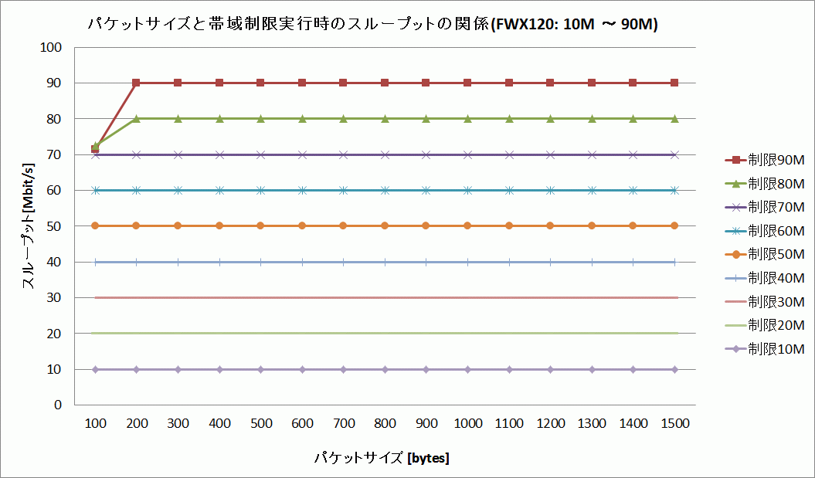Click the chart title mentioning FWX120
click(372, 25)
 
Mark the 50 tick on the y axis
click(53, 226)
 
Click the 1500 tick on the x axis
click(674, 424)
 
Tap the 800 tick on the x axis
click(385, 424)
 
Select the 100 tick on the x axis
click(95, 424)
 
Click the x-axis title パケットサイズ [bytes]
click(382, 458)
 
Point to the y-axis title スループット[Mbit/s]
click(28, 225)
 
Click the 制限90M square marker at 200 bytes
click(137, 83)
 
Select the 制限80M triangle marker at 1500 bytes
click(674, 119)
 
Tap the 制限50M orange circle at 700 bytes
click(343, 226)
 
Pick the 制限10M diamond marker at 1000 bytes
click(467, 370)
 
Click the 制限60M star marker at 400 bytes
click(219, 190)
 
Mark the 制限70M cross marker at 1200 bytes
click(550, 154)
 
